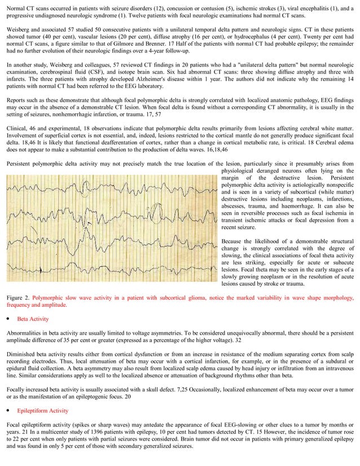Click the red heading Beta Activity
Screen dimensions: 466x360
(33, 319)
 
